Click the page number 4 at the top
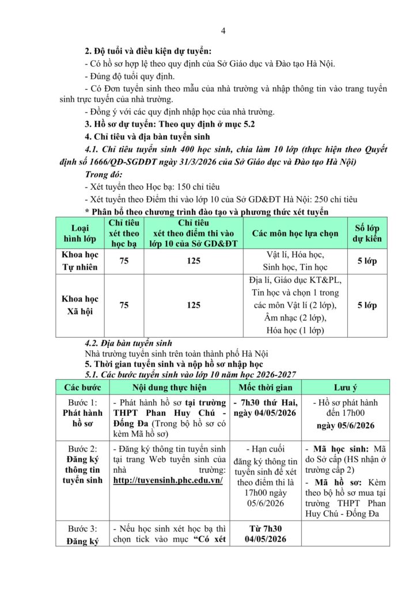(x=223, y=30)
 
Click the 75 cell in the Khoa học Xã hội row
(x=124, y=305)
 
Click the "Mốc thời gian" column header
(x=266, y=388)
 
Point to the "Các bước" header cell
(x=82, y=388)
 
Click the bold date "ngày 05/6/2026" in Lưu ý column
(x=346, y=425)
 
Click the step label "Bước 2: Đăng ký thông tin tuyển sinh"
(x=82, y=464)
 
